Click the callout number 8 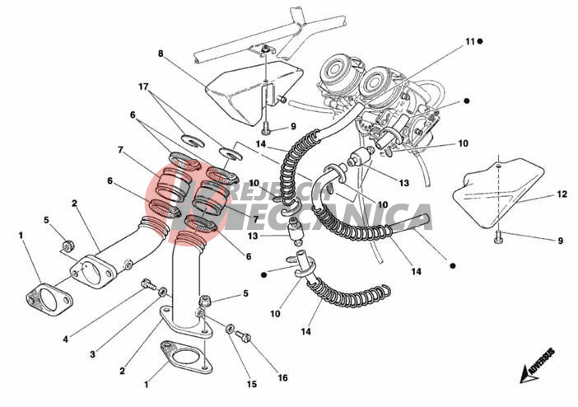point(161,54)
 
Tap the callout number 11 point(469,40)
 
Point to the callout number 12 point(538,195)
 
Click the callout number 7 point(121,151)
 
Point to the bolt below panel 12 point(498,238)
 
